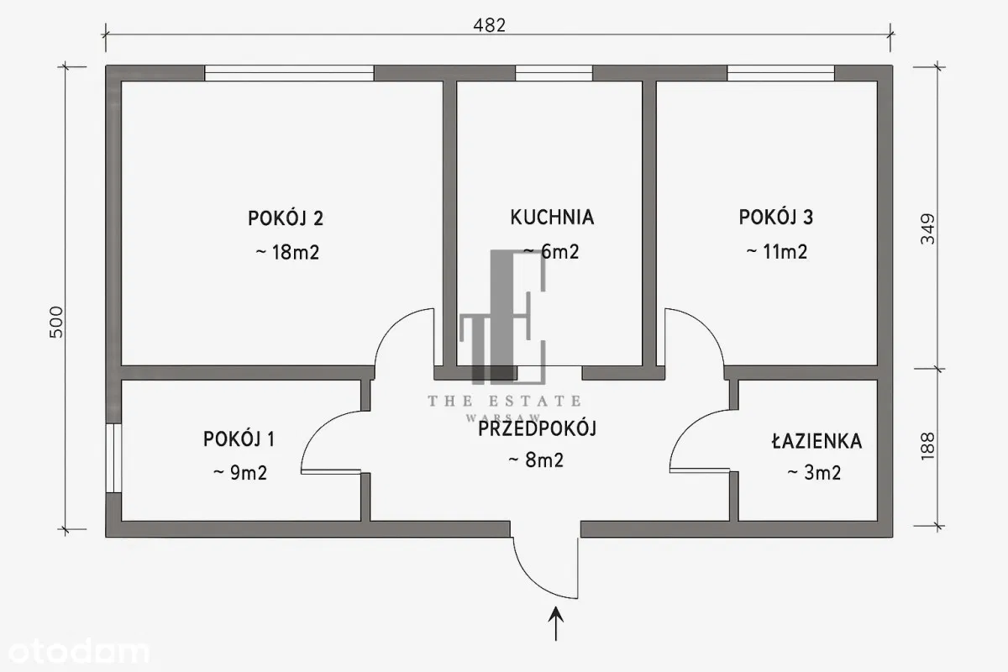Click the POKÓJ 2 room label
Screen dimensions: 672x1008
click(286, 218)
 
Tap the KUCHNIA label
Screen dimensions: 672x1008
click(552, 218)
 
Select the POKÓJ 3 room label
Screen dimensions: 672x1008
click(776, 218)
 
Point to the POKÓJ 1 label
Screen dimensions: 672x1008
click(239, 438)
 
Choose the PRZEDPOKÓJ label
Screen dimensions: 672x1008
click(537, 429)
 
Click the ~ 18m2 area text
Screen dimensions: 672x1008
click(286, 252)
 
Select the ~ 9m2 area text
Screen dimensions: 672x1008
click(239, 472)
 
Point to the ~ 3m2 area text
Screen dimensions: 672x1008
click(814, 472)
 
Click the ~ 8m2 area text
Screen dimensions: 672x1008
click(536, 460)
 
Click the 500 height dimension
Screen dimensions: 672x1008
click(56, 322)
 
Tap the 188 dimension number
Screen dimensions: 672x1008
click(927, 448)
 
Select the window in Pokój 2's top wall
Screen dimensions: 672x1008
click(289, 73)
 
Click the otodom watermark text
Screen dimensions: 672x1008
click(75, 651)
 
